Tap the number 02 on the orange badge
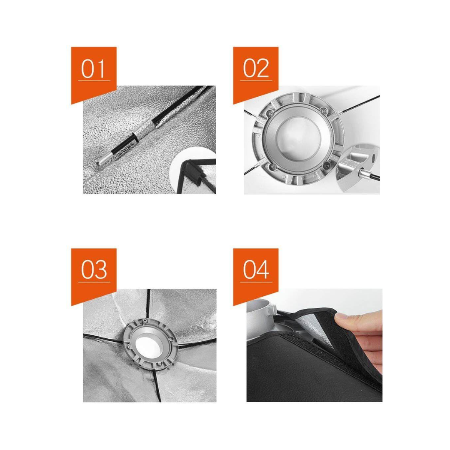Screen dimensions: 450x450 pyautogui.click(x=256, y=68)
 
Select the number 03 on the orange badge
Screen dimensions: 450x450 pyautogui.click(x=94, y=270)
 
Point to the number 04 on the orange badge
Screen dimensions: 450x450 pyautogui.click(x=256, y=270)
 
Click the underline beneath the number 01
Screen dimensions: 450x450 pyautogui.click(x=94, y=80)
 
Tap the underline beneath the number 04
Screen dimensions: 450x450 pyautogui.click(x=256, y=282)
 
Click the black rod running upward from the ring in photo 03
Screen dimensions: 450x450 pyautogui.click(x=148, y=304)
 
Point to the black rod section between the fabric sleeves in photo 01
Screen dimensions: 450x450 pyautogui.click(x=171, y=107)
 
